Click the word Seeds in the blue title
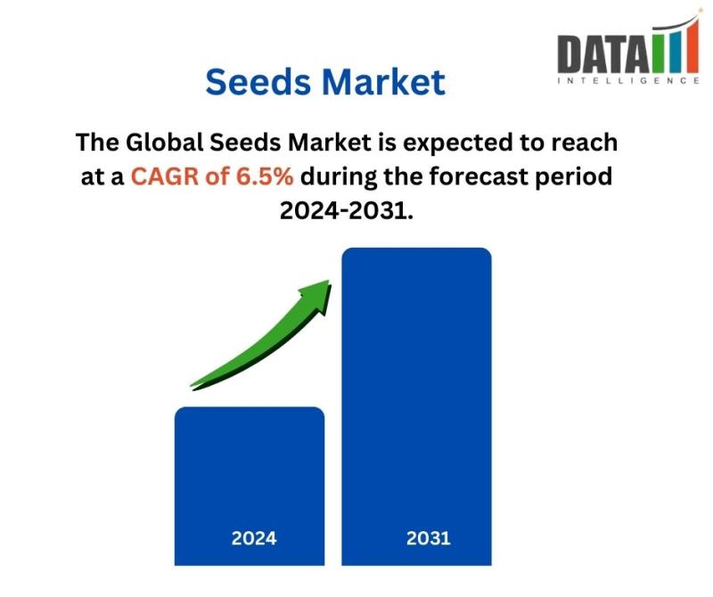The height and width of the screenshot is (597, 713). (258, 82)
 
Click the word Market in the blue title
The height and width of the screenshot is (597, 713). (384, 82)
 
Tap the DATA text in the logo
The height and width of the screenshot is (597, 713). (603, 53)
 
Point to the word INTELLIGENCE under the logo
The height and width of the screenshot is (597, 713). (628, 80)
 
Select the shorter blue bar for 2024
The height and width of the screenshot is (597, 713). (250, 486)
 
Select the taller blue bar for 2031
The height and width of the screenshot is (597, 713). (416, 406)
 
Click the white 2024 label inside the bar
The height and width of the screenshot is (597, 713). (254, 538)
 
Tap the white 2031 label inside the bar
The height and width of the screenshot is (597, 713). (429, 538)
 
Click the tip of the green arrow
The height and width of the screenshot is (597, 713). (329, 281)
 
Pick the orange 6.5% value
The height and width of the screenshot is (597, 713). (265, 176)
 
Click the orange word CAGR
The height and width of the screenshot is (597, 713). (165, 176)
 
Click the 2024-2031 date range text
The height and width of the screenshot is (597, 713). (347, 210)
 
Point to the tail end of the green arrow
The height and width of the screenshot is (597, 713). (192, 387)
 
